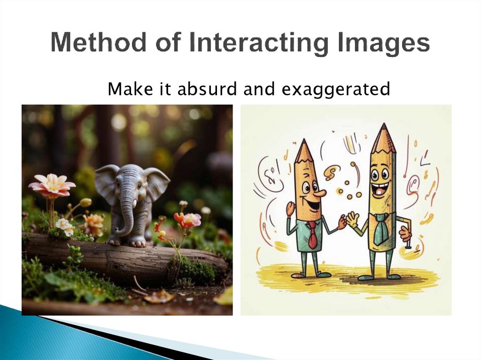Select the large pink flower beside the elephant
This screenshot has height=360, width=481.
[52, 185]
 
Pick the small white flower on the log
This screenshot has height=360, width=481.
[65, 226]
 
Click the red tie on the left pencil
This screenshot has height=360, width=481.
[312, 235]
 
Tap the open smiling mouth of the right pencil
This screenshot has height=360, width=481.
[380, 190]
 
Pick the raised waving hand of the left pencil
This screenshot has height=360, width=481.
[291, 208]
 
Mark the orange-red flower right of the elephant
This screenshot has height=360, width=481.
[187, 220]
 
